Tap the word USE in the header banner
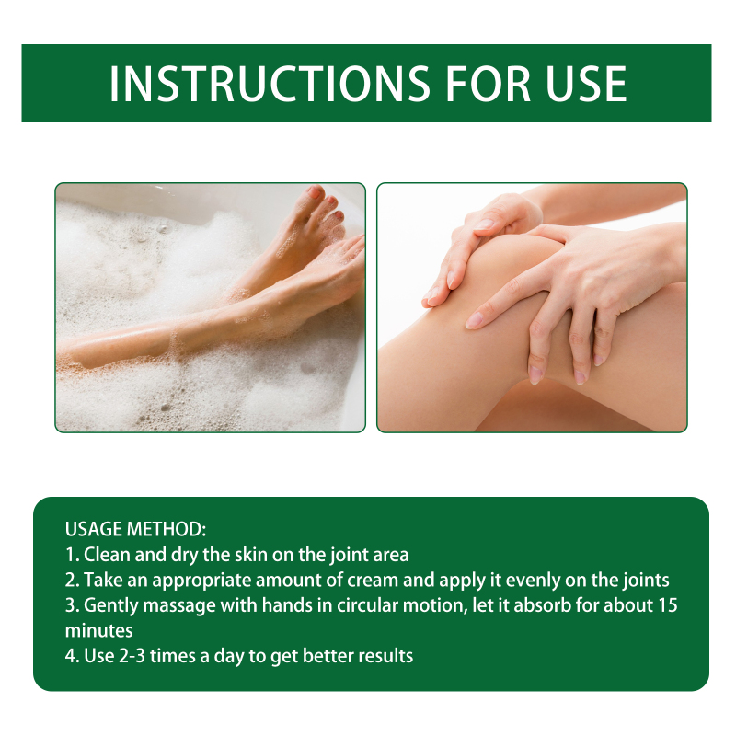click(x=585, y=84)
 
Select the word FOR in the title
click(x=488, y=84)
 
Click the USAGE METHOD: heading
click(x=135, y=529)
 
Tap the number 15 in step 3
click(x=668, y=605)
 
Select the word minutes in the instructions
click(x=99, y=631)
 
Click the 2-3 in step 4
click(x=132, y=656)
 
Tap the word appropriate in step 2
click(x=201, y=581)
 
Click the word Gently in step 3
click(x=110, y=606)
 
